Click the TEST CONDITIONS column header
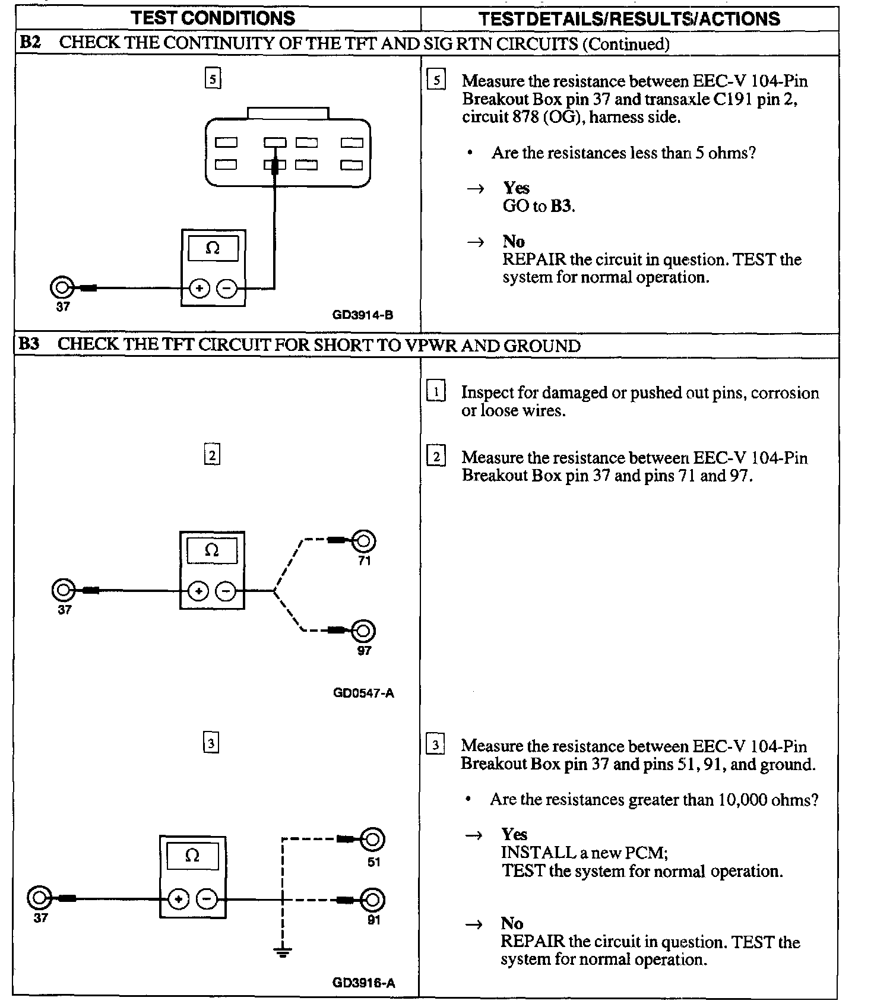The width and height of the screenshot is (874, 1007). coord(213,18)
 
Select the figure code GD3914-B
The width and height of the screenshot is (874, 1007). coord(362,315)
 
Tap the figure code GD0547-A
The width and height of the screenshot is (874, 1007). coord(363,693)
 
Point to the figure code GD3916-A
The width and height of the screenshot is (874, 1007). coord(363,983)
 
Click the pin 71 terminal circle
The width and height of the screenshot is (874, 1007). coord(364,541)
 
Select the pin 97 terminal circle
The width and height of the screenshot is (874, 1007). coord(363,631)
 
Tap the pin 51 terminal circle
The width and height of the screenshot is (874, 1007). coord(373,840)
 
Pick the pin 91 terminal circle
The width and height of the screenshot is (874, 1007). coord(373,900)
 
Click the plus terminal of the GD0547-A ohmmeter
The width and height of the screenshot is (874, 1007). coord(198,591)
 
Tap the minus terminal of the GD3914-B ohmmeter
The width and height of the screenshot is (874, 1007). coord(226,289)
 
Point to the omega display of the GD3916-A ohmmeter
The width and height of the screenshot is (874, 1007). coord(192,856)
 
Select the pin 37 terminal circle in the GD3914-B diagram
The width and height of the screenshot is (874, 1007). coord(61,289)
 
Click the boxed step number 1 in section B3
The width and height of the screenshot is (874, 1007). coord(436,392)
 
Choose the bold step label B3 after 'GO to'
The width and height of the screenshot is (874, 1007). coord(562,206)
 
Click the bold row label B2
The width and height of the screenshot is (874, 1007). coord(29,43)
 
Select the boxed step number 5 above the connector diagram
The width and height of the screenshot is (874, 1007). coord(213,78)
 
